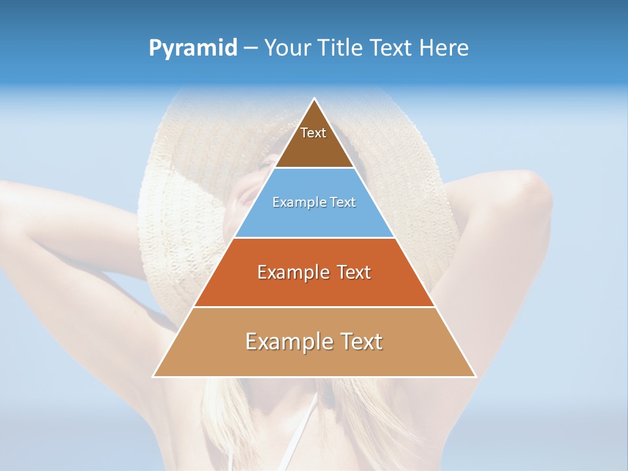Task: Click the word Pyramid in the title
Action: tap(193, 48)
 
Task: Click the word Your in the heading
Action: tap(287, 48)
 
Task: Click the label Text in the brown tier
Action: tap(313, 133)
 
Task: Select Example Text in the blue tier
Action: tap(314, 202)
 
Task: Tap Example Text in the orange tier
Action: tap(314, 272)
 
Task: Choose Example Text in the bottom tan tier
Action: tap(314, 341)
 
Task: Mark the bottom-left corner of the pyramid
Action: tap(154, 376)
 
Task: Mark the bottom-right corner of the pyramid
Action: tap(476, 376)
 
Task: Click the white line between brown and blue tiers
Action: tap(315, 168)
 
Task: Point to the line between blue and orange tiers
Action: tap(315, 237)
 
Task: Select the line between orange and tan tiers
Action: tap(315, 307)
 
